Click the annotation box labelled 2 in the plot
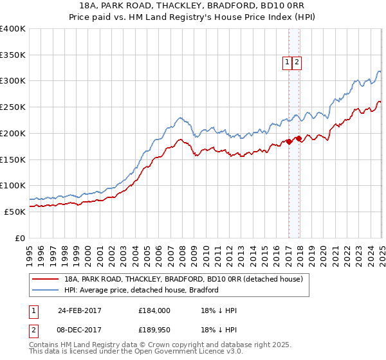click(297, 62)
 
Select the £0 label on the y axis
click(21, 237)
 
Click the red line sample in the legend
click(45, 279)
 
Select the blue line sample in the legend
click(45, 290)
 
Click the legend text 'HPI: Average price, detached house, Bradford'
click(142, 290)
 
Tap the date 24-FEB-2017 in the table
click(80, 310)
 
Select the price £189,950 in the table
click(154, 330)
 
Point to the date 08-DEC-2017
click(80, 330)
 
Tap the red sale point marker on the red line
click(299, 138)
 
